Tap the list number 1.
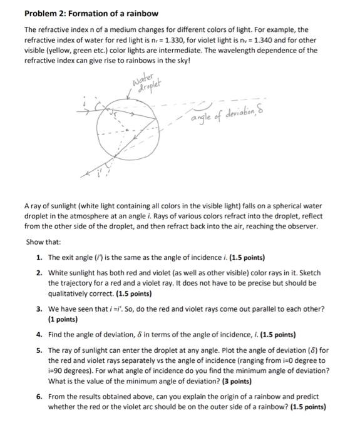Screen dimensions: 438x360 [39, 257]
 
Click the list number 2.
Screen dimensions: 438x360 [39, 273]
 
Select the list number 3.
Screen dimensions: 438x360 [39, 308]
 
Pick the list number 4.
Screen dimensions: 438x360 [39, 334]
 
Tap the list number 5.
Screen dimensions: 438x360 [39, 350]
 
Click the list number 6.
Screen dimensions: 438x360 [39, 396]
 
